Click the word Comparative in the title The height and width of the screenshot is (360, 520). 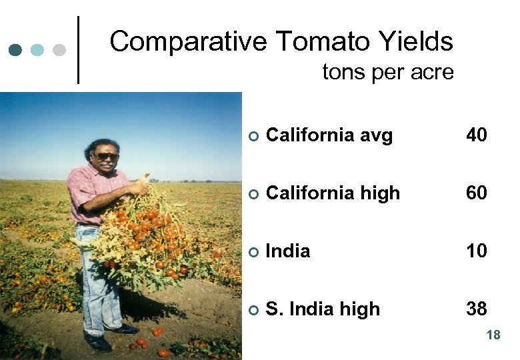coord(189,42)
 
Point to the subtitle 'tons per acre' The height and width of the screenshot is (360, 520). coord(387,71)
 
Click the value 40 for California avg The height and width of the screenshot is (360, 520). coord(477,135)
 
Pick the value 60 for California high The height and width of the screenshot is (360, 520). coord(477,193)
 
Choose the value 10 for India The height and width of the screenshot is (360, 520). coord(477,251)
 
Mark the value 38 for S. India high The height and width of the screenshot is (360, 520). coord(477,309)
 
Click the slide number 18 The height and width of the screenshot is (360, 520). coord(493,335)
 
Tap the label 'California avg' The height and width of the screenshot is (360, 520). coord(329,135)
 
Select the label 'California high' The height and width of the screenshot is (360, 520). coord(333,193)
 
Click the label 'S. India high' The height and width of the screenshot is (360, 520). coord(323,309)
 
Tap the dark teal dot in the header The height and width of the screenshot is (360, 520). coord(17,50)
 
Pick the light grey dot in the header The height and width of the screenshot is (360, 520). coord(59,50)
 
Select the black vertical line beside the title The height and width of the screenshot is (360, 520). coord(79,50)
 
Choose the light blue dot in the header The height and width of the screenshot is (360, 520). coord(38,50)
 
